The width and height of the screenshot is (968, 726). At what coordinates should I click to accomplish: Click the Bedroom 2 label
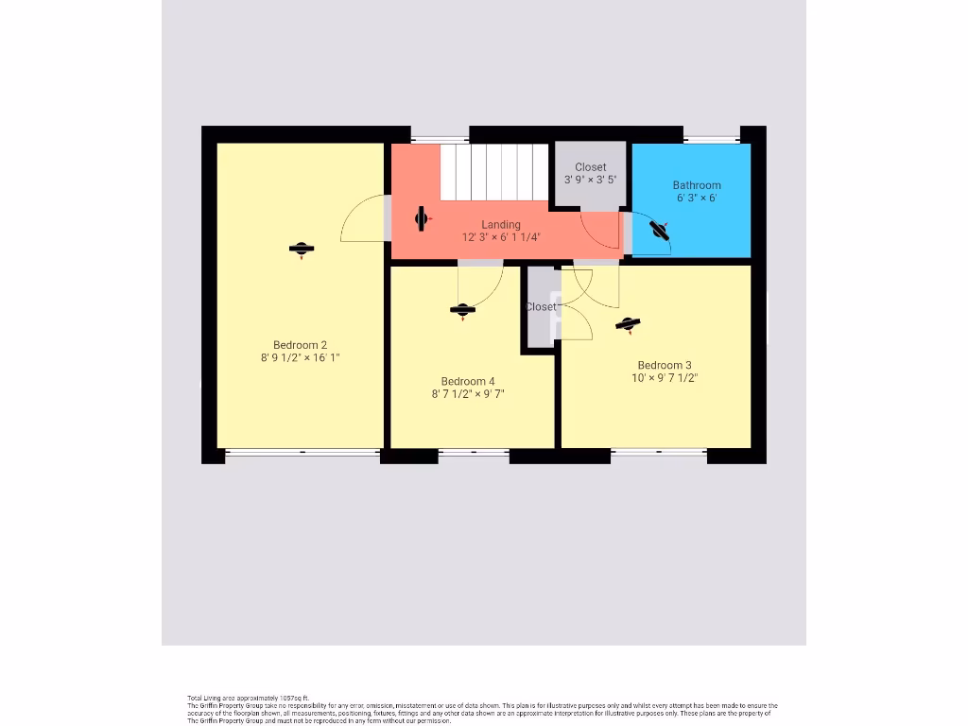pyautogui.click(x=300, y=345)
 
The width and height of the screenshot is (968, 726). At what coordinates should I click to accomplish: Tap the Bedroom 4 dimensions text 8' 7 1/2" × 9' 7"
pyautogui.click(x=468, y=394)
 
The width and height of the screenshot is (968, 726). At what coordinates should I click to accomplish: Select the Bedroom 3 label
pyautogui.click(x=664, y=365)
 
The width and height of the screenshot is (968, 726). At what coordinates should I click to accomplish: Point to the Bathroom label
pyautogui.click(x=697, y=185)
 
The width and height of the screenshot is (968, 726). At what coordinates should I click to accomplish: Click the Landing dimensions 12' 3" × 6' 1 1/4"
pyautogui.click(x=500, y=237)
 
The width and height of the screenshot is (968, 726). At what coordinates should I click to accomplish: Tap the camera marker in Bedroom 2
pyautogui.click(x=302, y=249)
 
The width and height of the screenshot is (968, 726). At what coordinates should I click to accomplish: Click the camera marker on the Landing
pyautogui.click(x=422, y=219)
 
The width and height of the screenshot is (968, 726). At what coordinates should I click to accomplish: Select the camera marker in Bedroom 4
pyautogui.click(x=462, y=310)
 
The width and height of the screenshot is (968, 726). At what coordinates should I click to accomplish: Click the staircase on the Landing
pyautogui.click(x=494, y=171)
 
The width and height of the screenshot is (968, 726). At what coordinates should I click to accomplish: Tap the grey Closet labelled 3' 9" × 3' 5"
pyautogui.click(x=591, y=174)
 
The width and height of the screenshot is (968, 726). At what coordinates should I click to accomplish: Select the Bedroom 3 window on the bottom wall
pyautogui.click(x=658, y=453)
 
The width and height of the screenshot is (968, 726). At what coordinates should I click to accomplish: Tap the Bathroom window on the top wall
pyautogui.click(x=713, y=140)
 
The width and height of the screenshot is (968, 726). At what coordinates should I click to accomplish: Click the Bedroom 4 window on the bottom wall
pyautogui.click(x=474, y=453)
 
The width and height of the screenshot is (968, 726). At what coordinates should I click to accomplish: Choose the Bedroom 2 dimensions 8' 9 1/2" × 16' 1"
pyautogui.click(x=300, y=358)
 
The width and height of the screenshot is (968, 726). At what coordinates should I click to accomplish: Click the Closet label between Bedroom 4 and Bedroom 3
pyautogui.click(x=541, y=307)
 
